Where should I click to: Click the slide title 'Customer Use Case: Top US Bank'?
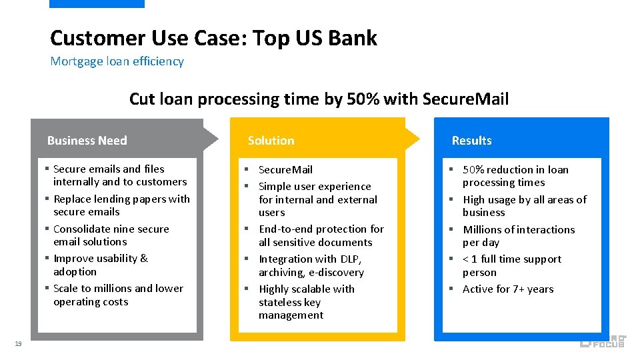(213, 38)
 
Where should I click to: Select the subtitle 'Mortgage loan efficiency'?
(117, 61)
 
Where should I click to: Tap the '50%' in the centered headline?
(363, 99)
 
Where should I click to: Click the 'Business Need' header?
(87, 141)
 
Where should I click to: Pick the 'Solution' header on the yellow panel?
(271, 141)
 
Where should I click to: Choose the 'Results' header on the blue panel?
(471, 141)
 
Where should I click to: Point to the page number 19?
(18, 343)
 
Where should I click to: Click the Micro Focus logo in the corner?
(602, 341)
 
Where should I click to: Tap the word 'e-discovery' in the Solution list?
(336, 273)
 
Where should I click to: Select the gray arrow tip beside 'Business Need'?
(211, 138)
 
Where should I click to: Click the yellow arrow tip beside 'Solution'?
(413, 138)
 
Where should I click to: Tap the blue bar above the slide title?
(97, 3)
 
